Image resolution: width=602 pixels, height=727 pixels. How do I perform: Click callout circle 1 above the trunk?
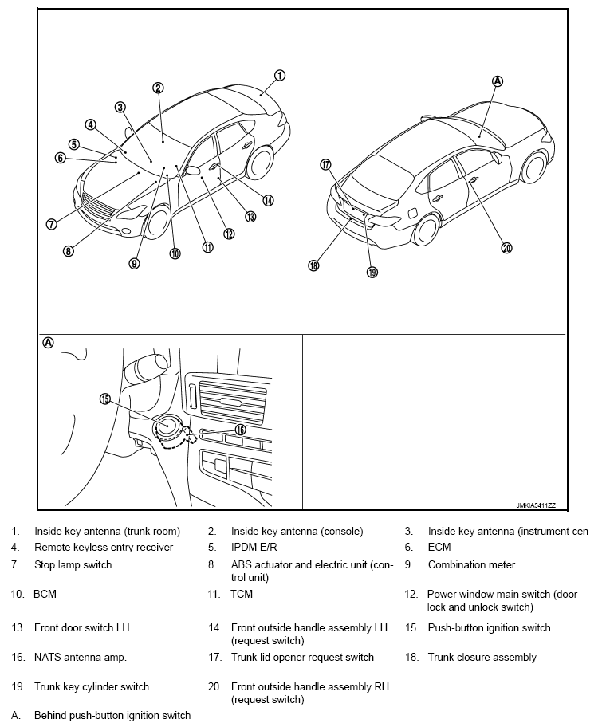point(280,76)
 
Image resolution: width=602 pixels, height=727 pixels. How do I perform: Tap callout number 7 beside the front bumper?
point(51,224)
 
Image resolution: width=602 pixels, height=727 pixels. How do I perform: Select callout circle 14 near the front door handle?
point(268,200)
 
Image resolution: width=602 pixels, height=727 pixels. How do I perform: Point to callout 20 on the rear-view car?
point(506,248)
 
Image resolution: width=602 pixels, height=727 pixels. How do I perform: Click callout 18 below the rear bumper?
point(313,265)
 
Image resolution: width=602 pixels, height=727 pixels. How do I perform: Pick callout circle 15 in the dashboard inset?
point(104,399)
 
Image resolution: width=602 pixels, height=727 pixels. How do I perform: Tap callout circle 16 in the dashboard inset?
point(241,429)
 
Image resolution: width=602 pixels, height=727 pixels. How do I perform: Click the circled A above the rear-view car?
point(498,81)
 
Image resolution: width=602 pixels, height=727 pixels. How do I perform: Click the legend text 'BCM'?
point(45,594)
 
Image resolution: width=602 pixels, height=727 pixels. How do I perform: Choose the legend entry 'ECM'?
point(439,547)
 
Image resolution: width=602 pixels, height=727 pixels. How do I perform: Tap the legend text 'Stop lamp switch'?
point(73,564)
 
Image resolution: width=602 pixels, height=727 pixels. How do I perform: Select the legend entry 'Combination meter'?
point(471,564)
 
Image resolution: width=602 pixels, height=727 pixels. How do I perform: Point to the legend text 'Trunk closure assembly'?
point(482,658)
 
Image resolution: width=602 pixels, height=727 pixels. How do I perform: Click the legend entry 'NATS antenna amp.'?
point(81,658)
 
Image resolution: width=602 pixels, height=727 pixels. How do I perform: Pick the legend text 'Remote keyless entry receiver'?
point(104,547)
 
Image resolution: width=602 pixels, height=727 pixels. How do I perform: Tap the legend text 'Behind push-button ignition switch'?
point(112,715)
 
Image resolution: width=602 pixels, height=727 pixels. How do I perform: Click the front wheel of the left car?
point(156,222)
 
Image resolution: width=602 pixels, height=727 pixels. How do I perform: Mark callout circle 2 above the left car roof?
point(159,88)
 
